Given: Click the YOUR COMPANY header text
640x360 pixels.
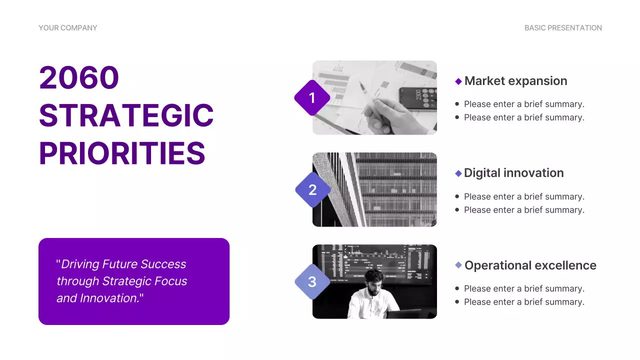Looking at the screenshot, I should tap(68, 28).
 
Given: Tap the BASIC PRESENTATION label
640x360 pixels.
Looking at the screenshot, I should tap(563, 28).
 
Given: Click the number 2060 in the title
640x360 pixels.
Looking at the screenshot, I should tap(79, 77).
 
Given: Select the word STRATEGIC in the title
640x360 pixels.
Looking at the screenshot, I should tap(126, 115).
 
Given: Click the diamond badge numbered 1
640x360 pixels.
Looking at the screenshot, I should tap(312, 97).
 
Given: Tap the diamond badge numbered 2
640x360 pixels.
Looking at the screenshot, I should tap(312, 190).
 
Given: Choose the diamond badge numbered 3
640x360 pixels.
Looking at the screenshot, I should tap(312, 282).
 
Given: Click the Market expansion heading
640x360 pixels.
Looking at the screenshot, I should tap(515, 81).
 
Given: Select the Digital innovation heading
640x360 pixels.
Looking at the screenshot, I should tap(513, 173).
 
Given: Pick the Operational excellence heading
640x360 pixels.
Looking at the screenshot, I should tap(530, 265).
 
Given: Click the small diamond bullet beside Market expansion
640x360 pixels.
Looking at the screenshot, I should tap(458, 81).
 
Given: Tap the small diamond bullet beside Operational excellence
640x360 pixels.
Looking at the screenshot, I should tap(458, 265).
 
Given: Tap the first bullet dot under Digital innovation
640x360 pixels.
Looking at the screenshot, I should tap(457, 196).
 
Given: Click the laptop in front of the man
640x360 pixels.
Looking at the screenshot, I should tap(404, 313).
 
